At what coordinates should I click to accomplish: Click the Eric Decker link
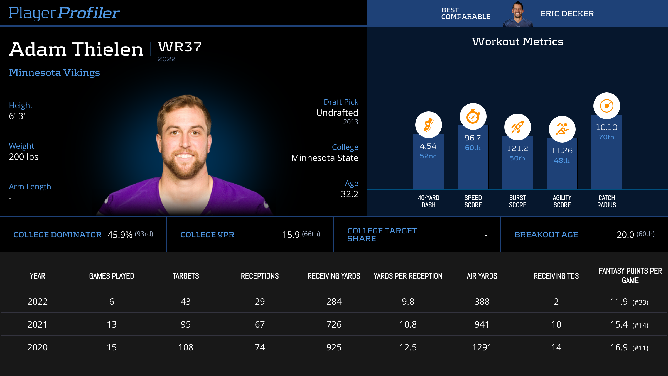(x=567, y=14)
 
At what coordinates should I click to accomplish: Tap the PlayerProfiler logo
(x=64, y=13)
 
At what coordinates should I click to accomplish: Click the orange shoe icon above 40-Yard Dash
(x=428, y=125)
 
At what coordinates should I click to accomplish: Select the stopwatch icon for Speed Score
(x=473, y=116)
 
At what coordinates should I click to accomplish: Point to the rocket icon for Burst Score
(x=517, y=127)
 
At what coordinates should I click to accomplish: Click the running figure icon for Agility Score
(x=562, y=129)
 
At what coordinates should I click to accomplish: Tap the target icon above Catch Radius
(x=606, y=106)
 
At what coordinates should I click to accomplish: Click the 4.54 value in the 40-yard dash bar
(x=428, y=146)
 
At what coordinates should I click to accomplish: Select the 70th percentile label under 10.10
(x=606, y=137)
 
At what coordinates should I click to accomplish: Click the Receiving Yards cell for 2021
(x=334, y=324)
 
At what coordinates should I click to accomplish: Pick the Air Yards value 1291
(x=482, y=347)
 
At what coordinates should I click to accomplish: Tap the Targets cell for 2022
(x=186, y=302)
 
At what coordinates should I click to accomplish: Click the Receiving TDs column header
(x=556, y=276)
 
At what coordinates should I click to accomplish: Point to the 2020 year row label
(x=38, y=347)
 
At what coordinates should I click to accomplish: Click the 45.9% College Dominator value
(x=120, y=235)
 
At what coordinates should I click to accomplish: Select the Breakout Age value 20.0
(x=625, y=235)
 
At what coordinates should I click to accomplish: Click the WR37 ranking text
(x=180, y=47)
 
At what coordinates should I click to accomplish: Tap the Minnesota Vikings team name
(x=55, y=73)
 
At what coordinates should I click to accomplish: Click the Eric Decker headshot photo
(x=517, y=14)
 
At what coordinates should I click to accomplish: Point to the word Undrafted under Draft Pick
(x=337, y=113)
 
